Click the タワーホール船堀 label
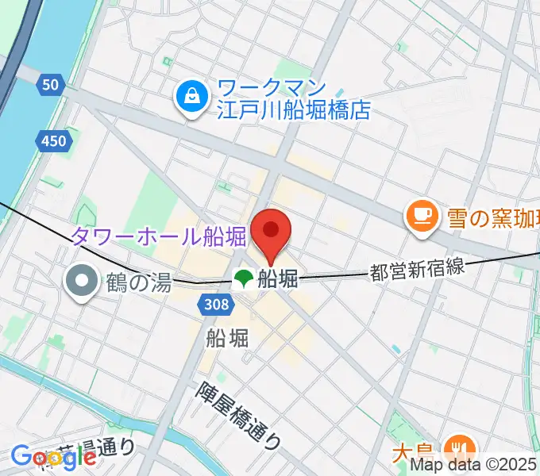coord(159,235)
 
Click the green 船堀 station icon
coord(243,278)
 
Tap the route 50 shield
coord(50,85)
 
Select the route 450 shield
coord(53,141)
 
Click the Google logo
coord(53,456)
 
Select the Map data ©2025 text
coord(473,466)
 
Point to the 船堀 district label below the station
coord(228,338)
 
